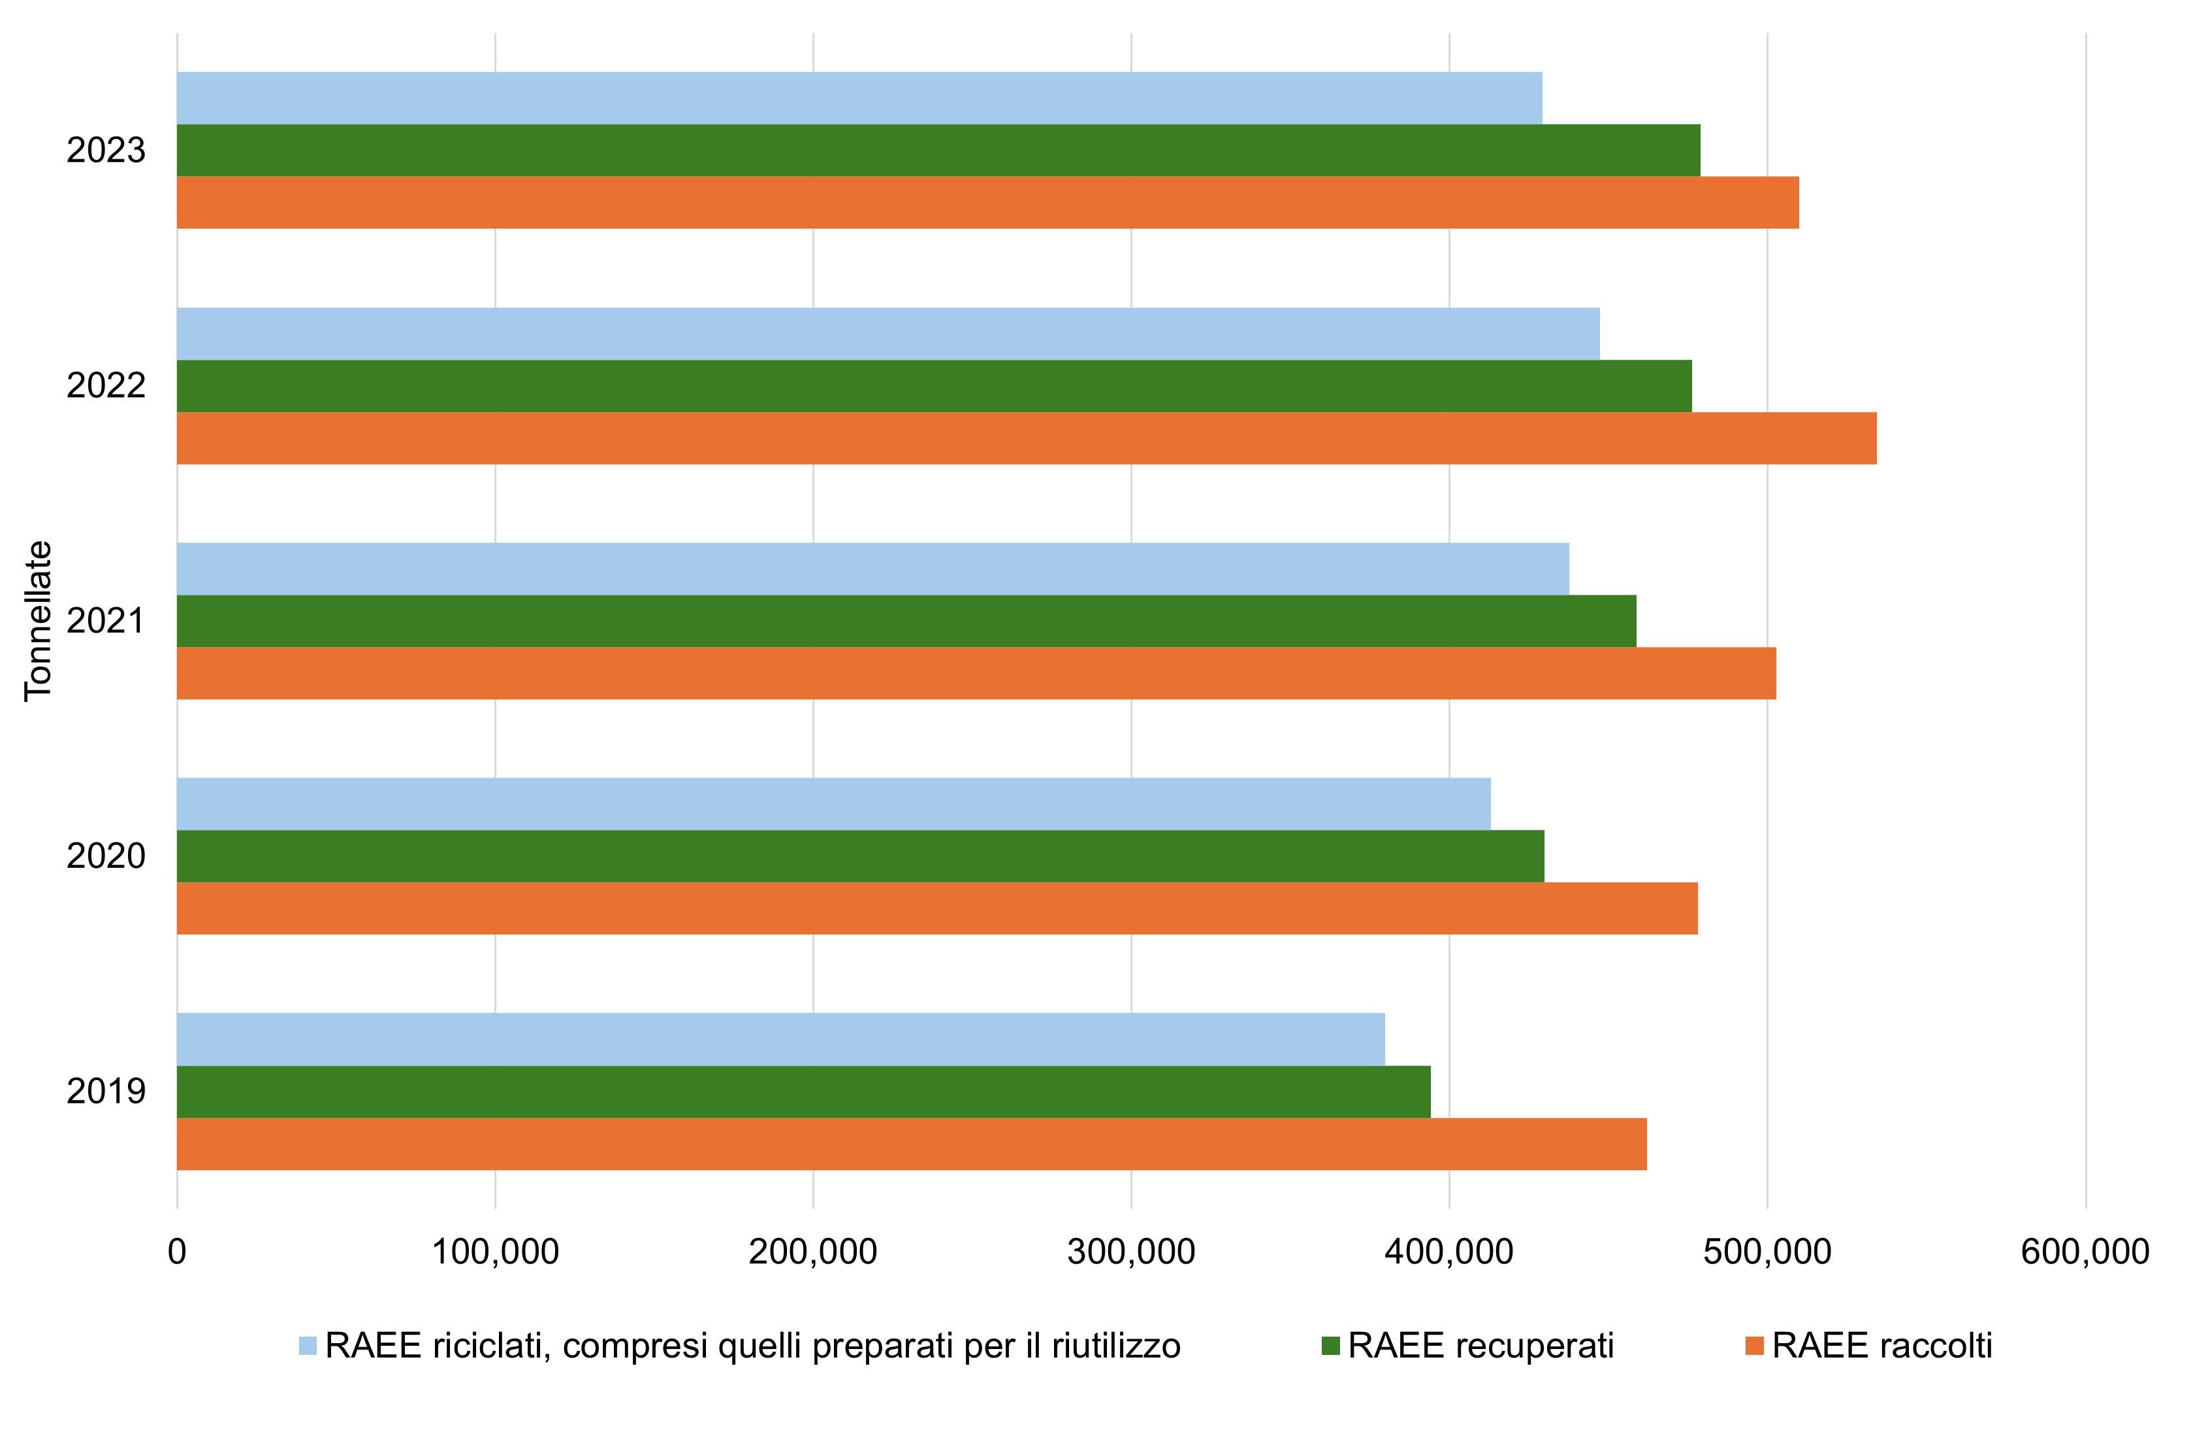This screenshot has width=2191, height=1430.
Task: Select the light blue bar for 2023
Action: click(x=859, y=97)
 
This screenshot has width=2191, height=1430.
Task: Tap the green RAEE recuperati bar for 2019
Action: click(x=803, y=1091)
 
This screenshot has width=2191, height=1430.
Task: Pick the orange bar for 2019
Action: click(x=912, y=1144)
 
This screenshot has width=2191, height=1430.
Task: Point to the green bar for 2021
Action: click(x=906, y=621)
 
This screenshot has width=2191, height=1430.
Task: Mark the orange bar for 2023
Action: click(x=987, y=202)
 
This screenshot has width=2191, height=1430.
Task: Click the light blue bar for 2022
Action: click(x=888, y=333)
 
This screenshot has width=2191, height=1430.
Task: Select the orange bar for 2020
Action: click(x=936, y=908)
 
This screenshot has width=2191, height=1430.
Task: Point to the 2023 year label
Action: click(x=106, y=151)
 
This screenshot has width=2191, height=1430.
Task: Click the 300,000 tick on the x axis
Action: click(x=1130, y=1252)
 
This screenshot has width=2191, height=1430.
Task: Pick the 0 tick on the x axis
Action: click(x=177, y=1252)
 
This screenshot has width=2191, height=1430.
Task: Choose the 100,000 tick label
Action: click(x=495, y=1252)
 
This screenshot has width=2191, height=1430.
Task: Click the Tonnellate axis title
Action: click(x=39, y=621)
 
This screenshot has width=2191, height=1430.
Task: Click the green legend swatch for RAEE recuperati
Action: click(x=1330, y=1346)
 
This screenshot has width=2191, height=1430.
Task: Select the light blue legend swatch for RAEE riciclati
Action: click(x=308, y=1346)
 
